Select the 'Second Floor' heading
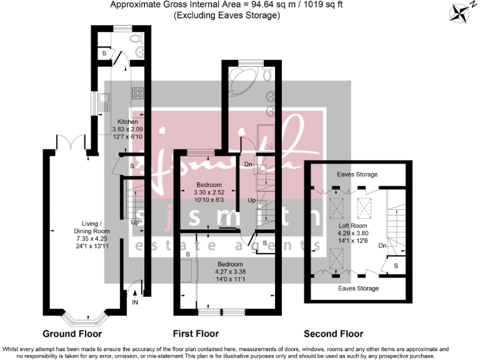coord(333,333)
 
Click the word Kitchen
coord(127,121)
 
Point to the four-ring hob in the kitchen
coord(137,94)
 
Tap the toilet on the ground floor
coord(138,40)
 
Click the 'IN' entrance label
coord(134,302)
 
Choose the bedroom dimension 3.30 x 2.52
coord(208,193)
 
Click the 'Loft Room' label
coord(354,226)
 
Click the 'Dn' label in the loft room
coord(382,246)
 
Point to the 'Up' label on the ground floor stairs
coord(134,222)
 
